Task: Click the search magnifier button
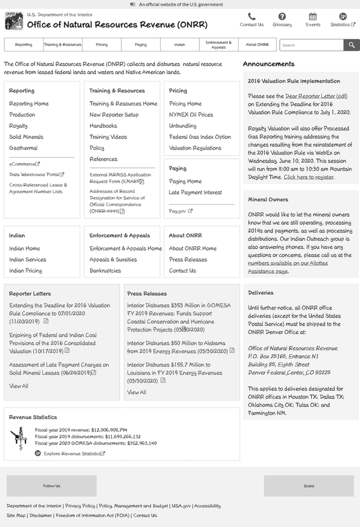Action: pos(351,45)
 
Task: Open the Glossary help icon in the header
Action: pos(282,17)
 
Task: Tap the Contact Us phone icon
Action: pos(251,17)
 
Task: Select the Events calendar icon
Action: pos(312,17)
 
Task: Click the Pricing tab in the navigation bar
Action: pos(101,45)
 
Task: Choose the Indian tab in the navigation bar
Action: pos(179,45)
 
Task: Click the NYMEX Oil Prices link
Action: pos(191,115)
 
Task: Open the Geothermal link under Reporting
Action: pos(23,148)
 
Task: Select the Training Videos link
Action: pos(108,137)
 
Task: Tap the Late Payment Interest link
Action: pos(195,192)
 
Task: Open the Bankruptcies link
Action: pos(105,271)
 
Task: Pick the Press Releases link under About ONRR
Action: pos(188,260)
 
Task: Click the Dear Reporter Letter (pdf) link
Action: pos(316,96)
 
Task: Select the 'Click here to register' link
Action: pos(308,177)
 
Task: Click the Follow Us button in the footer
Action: pos(52,486)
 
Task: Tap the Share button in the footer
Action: pos(308,486)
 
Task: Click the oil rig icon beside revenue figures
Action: pos(19,437)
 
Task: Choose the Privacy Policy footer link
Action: pos(80,506)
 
